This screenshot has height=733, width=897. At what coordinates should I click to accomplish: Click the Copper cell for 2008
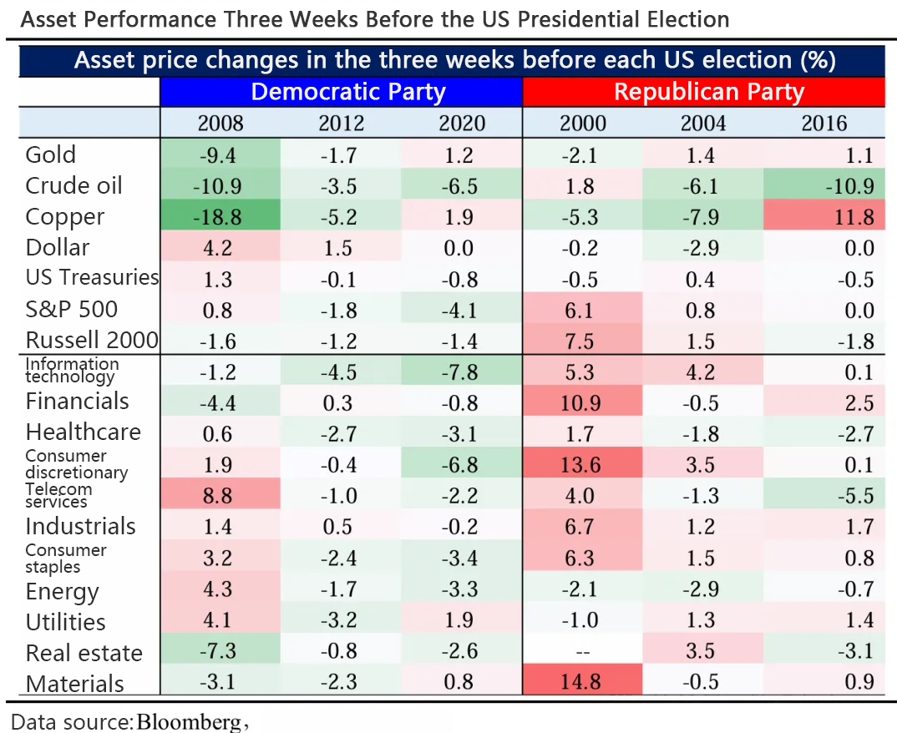click(x=220, y=217)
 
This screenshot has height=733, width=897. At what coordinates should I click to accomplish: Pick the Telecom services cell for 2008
click(x=220, y=496)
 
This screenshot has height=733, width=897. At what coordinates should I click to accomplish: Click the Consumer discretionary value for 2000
click(x=582, y=465)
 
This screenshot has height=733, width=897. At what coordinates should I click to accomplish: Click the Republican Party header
click(x=708, y=92)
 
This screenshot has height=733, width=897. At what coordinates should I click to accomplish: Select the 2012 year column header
click(x=341, y=124)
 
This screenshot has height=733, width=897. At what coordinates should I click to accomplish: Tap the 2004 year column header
click(x=702, y=124)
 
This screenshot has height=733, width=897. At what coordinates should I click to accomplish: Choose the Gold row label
click(x=51, y=155)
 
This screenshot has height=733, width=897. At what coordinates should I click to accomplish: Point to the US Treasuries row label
click(x=92, y=278)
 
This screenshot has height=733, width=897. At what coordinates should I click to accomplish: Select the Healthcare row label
click(x=83, y=432)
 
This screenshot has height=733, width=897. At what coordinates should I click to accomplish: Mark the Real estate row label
click(x=84, y=653)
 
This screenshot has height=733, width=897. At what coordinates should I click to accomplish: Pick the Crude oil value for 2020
click(x=461, y=186)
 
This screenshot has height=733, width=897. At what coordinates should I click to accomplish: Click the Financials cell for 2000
click(x=582, y=403)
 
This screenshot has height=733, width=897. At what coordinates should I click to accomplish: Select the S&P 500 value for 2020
click(x=461, y=311)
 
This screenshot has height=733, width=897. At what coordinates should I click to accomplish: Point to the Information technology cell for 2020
click(x=461, y=372)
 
